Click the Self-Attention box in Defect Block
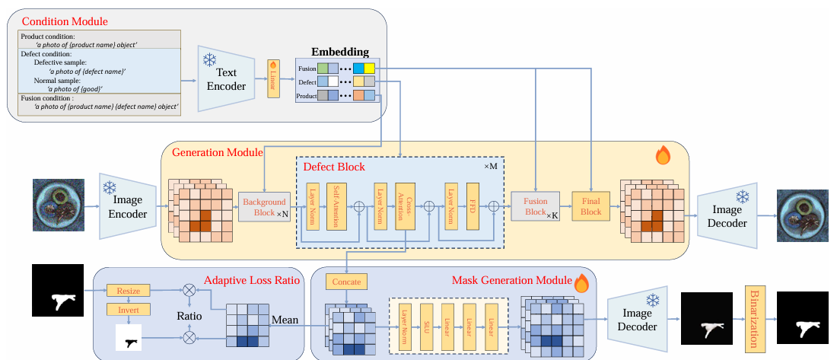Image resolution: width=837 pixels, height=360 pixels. pos(336,206)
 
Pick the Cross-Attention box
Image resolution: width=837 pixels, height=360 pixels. pos(405,206)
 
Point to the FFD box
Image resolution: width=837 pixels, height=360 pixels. pos(472,206)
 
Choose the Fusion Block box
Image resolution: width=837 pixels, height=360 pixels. pos(536,206)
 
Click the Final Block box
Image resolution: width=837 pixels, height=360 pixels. pos(591,206)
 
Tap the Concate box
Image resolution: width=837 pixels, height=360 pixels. pos(345,282)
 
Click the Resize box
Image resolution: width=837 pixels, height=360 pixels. pos(129,290)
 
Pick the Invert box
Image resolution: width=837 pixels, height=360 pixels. pos(129,310)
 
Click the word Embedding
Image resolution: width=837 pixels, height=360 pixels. pos(340,52)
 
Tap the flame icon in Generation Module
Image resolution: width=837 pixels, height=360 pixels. pos(663,156)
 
